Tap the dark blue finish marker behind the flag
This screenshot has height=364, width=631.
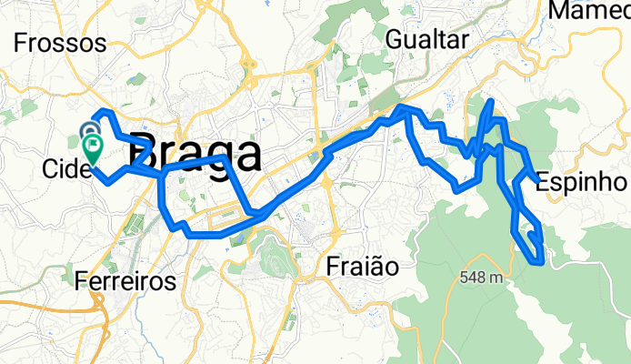point(90,134)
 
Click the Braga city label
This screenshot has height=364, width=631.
point(195,150)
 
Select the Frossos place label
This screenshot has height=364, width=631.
point(61,43)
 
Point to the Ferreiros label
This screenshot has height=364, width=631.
point(125,280)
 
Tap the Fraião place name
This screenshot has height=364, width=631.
point(363,267)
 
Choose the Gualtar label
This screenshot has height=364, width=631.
point(426,39)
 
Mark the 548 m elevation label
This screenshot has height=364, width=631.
point(483,278)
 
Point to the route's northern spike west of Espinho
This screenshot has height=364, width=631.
point(491,102)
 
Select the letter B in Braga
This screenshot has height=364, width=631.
point(144,151)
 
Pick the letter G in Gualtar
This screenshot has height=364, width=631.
point(394,39)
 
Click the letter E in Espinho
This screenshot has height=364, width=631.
point(543,181)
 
